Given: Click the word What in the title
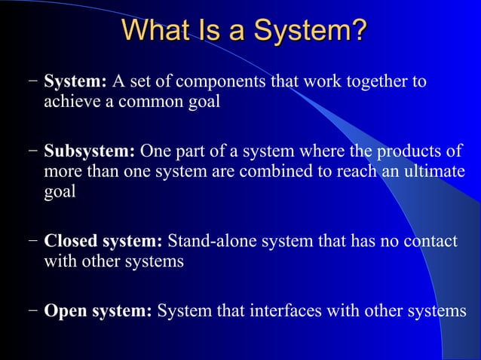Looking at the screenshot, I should coord(154,31).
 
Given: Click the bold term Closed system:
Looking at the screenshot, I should coord(103,242).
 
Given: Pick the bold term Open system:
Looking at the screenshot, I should coord(98,310).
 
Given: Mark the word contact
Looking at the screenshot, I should coord(429,242).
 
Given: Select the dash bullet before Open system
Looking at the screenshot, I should coord(32,311).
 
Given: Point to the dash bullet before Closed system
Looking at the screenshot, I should coord(32,243).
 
